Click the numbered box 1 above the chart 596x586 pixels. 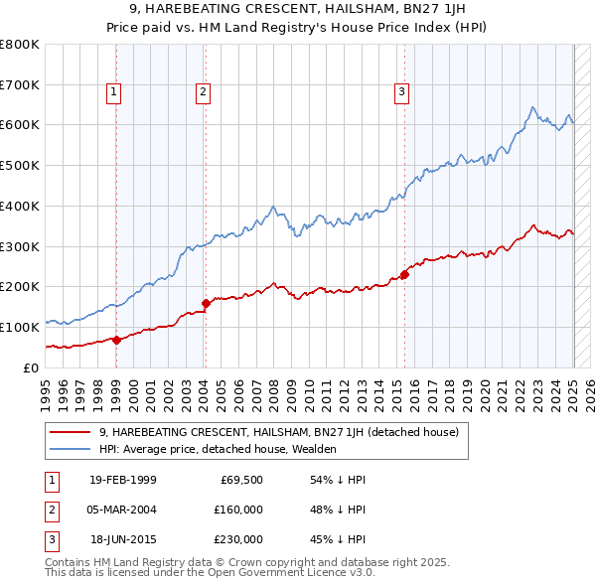click(114, 93)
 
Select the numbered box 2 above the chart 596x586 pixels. click(203, 93)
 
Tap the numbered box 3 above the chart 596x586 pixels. click(402, 93)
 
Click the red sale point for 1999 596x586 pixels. click(116, 340)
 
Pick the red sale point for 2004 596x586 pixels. click(206, 303)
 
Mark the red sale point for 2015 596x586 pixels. click(405, 274)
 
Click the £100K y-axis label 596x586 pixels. click(21, 327)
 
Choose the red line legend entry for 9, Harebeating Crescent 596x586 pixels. click(278, 432)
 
